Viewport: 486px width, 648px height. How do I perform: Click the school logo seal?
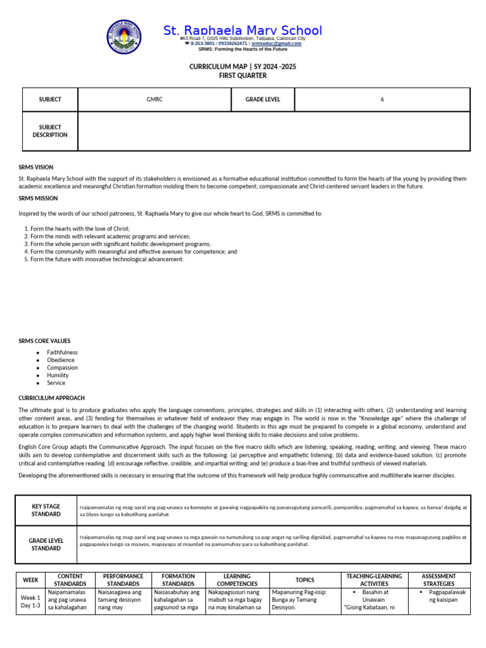(x=123, y=38)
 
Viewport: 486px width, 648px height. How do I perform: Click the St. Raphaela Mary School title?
(x=243, y=30)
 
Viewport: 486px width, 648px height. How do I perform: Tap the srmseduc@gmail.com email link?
(x=277, y=44)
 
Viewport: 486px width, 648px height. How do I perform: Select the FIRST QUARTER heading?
(x=243, y=76)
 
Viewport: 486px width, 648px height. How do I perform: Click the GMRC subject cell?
(x=154, y=99)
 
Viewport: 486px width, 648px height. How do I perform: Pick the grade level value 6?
(x=382, y=99)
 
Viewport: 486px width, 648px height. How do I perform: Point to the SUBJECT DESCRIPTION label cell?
(x=50, y=131)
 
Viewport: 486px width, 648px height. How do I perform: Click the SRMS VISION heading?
(x=35, y=168)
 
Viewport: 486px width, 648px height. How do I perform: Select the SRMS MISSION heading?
(x=37, y=198)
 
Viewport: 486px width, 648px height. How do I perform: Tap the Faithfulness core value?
(x=62, y=352)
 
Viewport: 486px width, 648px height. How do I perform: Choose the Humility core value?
(x=58, y=375)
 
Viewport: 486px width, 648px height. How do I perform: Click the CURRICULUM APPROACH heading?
(x=51, y=398)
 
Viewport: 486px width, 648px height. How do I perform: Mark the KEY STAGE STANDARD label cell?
(x=46, y=511)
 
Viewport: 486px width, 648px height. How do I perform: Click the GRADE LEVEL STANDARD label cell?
(x=46, y=545)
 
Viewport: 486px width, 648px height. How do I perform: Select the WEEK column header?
(x=30, y=580)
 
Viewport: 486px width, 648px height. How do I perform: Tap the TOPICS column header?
(x=304, y=580)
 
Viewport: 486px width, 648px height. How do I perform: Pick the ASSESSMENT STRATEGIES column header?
(x=439, y=580)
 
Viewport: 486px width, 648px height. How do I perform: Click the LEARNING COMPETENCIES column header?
(x=237, y=580)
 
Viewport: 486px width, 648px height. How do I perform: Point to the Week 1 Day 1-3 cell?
(x=30, y=601)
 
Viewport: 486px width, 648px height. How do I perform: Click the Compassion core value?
(x=62, y=368)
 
